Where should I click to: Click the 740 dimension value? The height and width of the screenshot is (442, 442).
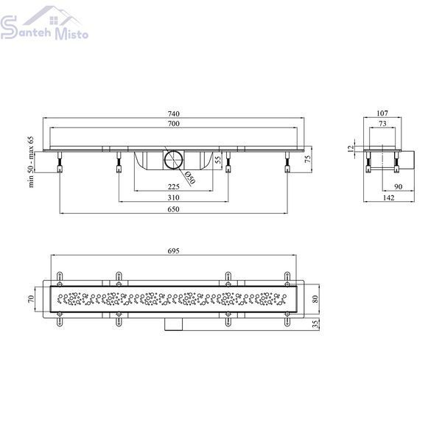point(173,113)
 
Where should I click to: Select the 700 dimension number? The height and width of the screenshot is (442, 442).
point(173,124)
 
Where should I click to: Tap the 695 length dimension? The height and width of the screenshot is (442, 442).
point(173,250)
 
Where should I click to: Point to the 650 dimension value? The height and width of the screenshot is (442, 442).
point(173,209)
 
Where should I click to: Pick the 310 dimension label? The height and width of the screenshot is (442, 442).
point(173,197)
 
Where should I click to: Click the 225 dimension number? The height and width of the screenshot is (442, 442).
point(173,186)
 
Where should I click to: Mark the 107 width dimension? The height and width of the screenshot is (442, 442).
point(382,113)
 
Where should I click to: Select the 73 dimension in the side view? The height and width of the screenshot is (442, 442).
point(382,124)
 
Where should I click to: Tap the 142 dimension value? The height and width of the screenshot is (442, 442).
point(388,198)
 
